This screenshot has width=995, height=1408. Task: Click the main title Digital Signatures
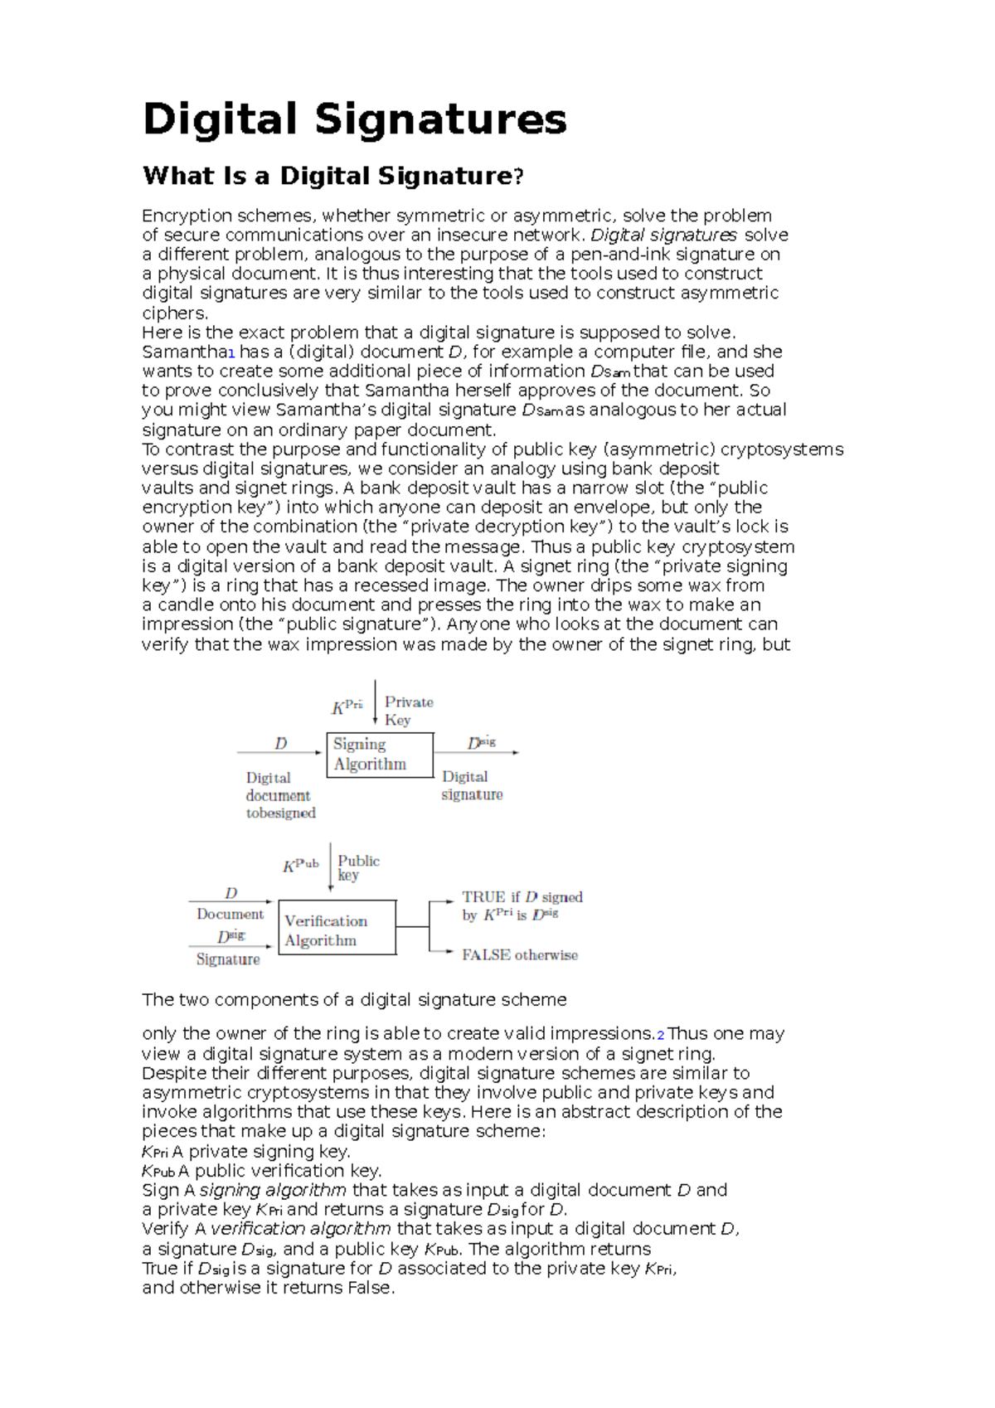[355, 119]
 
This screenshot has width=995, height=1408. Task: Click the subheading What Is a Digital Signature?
[333, 176]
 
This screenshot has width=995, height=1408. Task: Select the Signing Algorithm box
[380, 755]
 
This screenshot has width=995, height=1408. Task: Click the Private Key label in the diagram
[408, 711]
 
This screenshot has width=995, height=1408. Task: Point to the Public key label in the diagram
[358, 867]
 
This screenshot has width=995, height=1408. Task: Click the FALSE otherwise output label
[519, 955]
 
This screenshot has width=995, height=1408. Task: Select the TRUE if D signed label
[522, 897]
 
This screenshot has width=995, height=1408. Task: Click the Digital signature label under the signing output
[471, 785]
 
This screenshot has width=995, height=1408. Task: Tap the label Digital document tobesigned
[279, 795]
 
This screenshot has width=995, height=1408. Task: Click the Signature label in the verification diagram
[228, 959]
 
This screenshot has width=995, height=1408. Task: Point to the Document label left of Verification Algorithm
[230, 914]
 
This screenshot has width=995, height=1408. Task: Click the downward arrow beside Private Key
[376, 703]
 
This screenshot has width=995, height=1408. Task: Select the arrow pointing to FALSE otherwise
[442, 951]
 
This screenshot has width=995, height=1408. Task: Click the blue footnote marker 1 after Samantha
[231, 353]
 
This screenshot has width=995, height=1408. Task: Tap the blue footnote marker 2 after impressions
[660, 1036]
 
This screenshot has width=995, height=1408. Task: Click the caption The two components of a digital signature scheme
[354, 1000]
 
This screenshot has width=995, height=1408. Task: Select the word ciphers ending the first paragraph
[174, 313]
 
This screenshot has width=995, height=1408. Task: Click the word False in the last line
[370, 1288]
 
